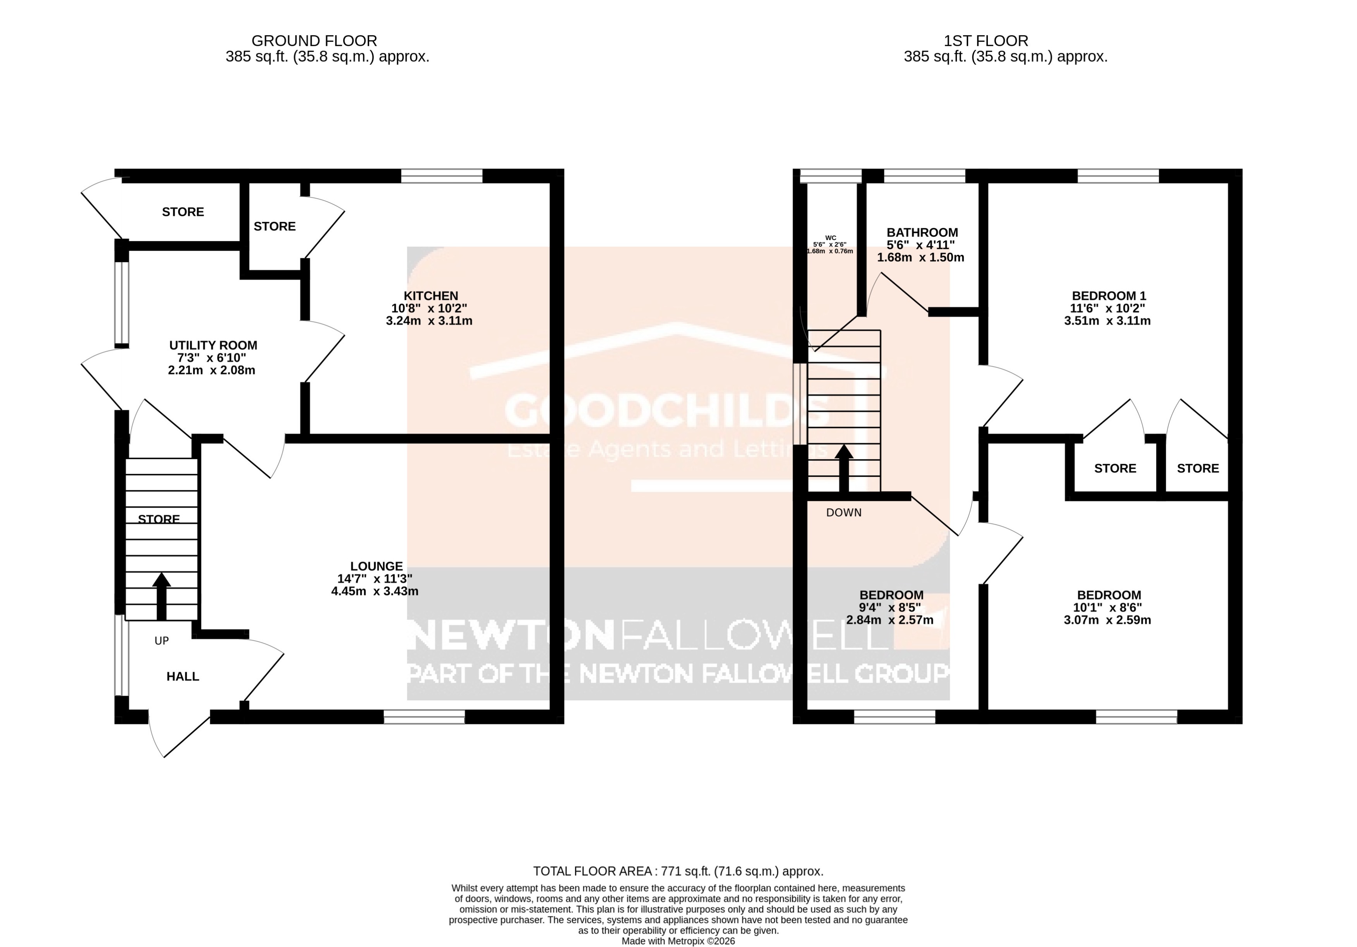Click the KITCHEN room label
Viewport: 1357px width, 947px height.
click(x=430, y=296)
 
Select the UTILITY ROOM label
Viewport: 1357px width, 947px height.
click(x=213, y=345)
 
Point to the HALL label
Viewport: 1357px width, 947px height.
click(x=183, y=676)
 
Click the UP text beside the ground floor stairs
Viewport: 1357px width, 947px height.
click(x=161, y=641)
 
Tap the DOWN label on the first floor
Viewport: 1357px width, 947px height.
click(x=843, y=513)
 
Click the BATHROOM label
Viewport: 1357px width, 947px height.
click(x=922, y=232)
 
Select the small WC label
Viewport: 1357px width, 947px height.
click(x=830, y=238)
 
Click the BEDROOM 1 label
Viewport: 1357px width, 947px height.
click(x=1109, y=296)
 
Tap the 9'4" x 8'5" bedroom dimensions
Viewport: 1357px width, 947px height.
click(x=891, y=607)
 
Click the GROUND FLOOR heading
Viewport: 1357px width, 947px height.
click(x=314, y=41)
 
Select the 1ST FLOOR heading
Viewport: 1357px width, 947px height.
click(x=985, y=41)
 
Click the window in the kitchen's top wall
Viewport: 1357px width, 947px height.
click(x=442, y=176)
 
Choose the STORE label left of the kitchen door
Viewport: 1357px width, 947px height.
click(x=274, y=226)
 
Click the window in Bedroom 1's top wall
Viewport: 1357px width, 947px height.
click(x=1118, y=176)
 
